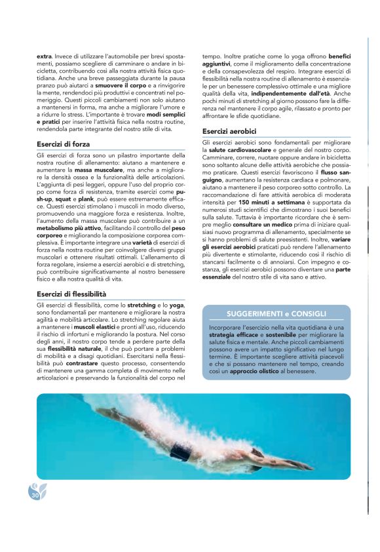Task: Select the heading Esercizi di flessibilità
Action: point(71,294)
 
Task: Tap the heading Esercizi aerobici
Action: point(229,131)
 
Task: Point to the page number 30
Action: point(35,496)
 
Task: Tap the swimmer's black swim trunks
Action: point(181,452)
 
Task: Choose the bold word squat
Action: point(64,197)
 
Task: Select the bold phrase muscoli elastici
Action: point(92,326)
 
